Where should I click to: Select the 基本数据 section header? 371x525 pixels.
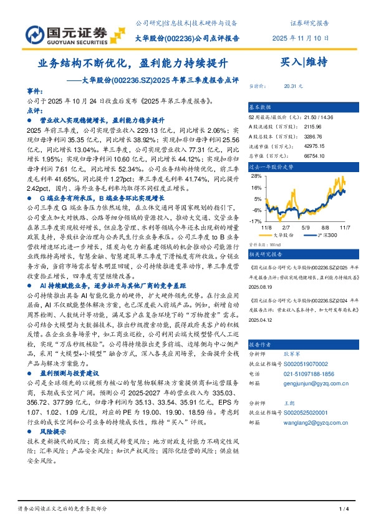point(261,107)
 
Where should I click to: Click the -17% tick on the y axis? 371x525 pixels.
point(255,221)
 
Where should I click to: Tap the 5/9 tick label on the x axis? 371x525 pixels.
point(306,228)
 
